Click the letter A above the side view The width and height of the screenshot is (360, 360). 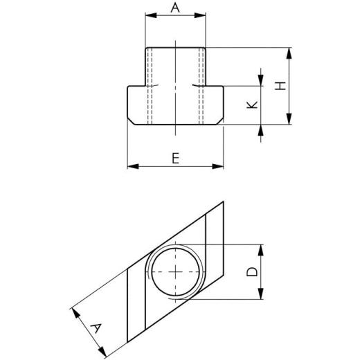coord(175,8)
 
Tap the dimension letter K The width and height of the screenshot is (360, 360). coord(253,105)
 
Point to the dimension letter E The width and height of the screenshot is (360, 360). coord(176,159)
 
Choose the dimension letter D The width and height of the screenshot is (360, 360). coord(253,271)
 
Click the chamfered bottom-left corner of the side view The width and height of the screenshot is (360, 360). coord(130,123)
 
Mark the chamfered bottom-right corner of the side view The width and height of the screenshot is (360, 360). coord(222,123)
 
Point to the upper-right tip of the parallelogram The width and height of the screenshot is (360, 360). coord(224,201)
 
